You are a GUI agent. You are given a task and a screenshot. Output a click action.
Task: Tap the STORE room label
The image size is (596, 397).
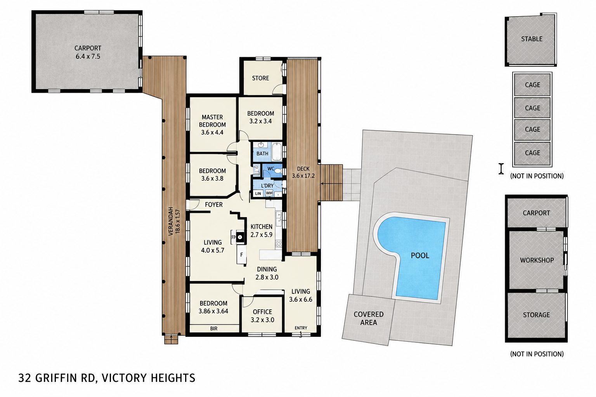point(260,78)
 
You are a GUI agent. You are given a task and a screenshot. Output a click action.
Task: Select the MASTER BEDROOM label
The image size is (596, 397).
point(212,121)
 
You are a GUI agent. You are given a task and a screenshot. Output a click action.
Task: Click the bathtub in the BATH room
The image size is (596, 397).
point(277,152)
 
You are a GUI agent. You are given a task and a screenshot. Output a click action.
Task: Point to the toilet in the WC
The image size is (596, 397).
point(278,171)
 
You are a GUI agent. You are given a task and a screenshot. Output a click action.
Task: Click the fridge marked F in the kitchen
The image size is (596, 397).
point(242,254)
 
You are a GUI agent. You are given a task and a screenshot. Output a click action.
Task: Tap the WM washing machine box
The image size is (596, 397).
point(269,193)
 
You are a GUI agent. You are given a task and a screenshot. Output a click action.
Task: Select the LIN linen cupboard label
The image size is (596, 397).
point(258,193)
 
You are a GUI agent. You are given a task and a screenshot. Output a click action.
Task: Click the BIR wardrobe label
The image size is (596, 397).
point(214,329)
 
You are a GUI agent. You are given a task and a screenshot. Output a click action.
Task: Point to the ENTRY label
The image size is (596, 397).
point(301,328)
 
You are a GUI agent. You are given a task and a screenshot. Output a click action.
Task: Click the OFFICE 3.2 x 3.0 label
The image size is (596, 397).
point(262,316)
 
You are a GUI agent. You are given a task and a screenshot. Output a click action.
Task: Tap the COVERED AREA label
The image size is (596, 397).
point(369,318)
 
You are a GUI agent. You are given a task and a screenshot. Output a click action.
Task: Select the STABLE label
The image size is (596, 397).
point(532,39)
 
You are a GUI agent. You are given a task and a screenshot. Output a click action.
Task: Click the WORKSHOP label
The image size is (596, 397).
point(537,260)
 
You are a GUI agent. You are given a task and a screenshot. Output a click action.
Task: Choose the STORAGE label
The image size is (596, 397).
point(536,315)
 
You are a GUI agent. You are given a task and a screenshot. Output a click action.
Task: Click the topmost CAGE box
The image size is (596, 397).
point(532,85)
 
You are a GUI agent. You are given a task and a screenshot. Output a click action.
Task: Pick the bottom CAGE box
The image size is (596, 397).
point(532,153)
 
